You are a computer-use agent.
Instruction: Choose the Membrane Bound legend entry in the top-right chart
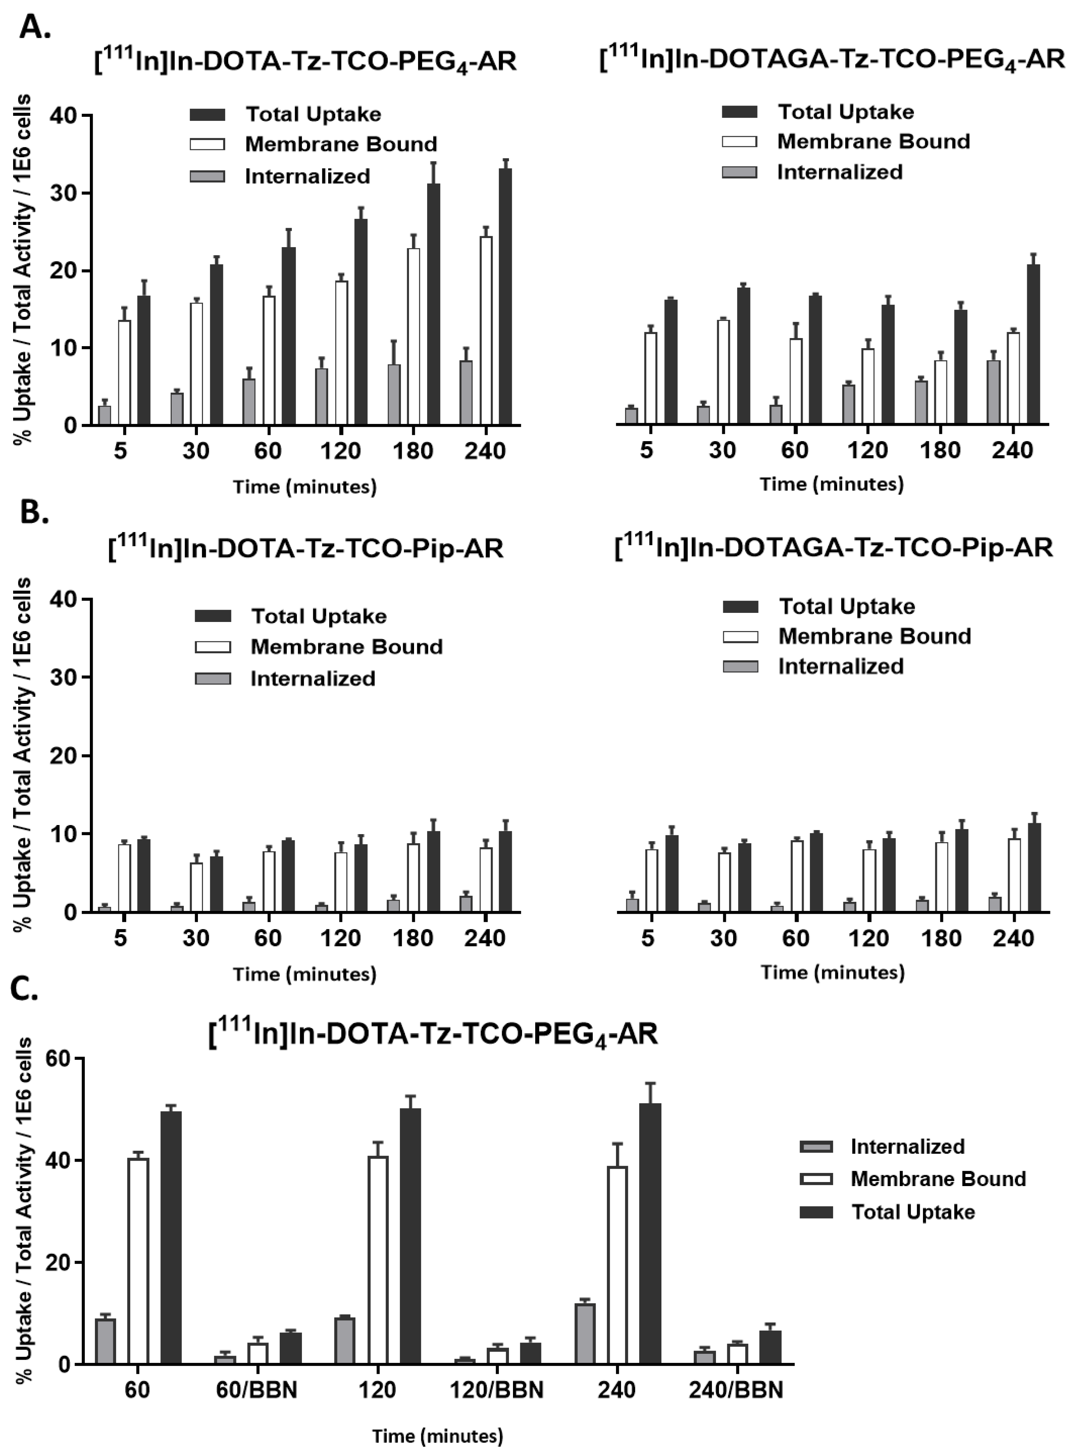pyautogui.click(x=873, y=141)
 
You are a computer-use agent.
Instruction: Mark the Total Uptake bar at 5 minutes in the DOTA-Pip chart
pyautogui.click(x=144, y=875)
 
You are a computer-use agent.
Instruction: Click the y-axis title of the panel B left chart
pyautogui.click(x=23, y=754)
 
